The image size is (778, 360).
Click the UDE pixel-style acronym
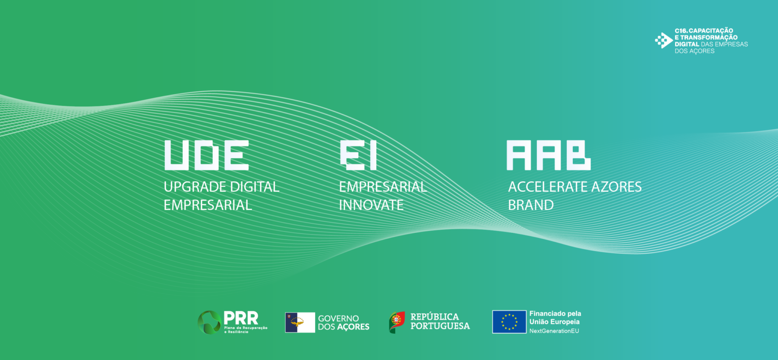click(207, 155)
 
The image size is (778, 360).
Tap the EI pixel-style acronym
click(358, 155)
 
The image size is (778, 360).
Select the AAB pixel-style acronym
click(549, 155)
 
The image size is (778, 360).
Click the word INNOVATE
click(371, 205)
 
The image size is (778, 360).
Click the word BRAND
click(530, 205)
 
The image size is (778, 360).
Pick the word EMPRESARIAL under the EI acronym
click(382, 187)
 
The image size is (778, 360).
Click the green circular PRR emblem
click(209, 323)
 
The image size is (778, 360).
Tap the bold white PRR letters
click(241, 318)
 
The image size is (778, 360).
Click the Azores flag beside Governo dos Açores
click(300, 322)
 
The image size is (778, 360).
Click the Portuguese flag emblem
click(397, 322)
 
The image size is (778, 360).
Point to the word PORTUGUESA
click(440, 326)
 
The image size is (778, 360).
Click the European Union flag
click(509, 322)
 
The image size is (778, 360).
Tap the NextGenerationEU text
click(554, 331)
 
